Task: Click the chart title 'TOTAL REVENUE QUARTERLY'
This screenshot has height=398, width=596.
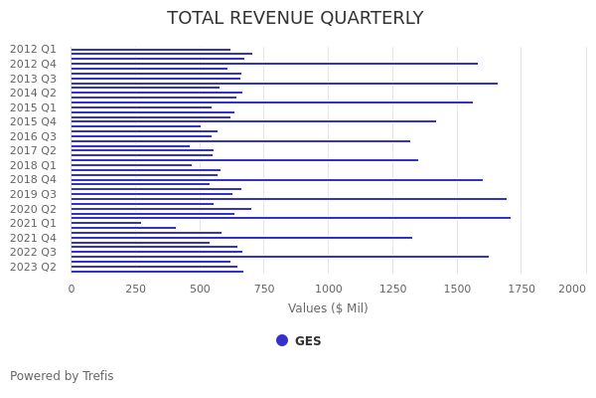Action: pyautogui.click(x=295, y=19)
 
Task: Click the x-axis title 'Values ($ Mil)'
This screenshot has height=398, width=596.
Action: pyautogui.click(x=328, y=308)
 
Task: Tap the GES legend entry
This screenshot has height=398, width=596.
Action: pyautogui.click(x=299, y=341)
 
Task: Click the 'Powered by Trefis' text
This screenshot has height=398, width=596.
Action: pyautogui.click(x=62, y=376)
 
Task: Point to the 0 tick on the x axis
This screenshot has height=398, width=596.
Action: pyautogui.click(x=72, y=289)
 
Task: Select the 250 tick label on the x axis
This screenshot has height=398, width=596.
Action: pyautogui.click(x=136, y=289)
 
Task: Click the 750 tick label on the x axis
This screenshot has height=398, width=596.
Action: pyautogui.click(x=264, y=289)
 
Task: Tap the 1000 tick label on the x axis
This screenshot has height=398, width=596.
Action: pyautogui.click(x=329, y=289)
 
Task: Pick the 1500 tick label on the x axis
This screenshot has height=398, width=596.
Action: pyautogui.click(x=457, y=289)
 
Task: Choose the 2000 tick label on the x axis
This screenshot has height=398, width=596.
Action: pyautogui.click(x=572, y=289)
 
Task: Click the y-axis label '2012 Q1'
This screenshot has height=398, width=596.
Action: pyautogui.click(x=34, y=50)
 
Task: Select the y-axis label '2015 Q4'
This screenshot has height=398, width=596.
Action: pyautogui.click(x=34, y=121)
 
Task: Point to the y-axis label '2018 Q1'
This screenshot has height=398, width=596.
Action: pyautogui.click(x=34, y=165)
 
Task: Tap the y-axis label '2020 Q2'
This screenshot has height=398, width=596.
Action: pyautogui.click(x=34, y=209)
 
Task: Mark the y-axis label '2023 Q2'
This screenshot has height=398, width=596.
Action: pyautogui.click(x=34, y=267)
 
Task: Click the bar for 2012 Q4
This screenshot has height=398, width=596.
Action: pyautogui.click(x=273, y=64)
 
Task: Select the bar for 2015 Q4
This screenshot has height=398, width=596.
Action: pyautogui.click(x=253, y=121)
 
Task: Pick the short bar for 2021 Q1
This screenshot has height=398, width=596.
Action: pyautogui.click(x=106, y=223)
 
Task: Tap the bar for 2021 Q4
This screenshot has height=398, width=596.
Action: pyautogui.click(x=241, y=238)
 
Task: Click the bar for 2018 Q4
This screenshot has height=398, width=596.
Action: pyautogui.click(x=276, y=180)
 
